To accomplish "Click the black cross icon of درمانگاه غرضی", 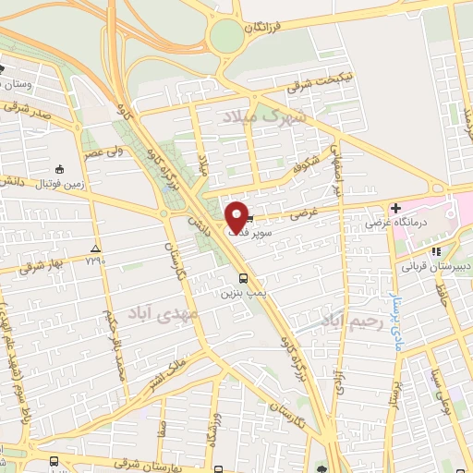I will (x=394, y=209).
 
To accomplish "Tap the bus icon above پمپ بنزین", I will (x=243, y=277).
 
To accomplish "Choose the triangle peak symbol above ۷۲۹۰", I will (x=96, y=250).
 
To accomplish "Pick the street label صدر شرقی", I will (x=20, y=111).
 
